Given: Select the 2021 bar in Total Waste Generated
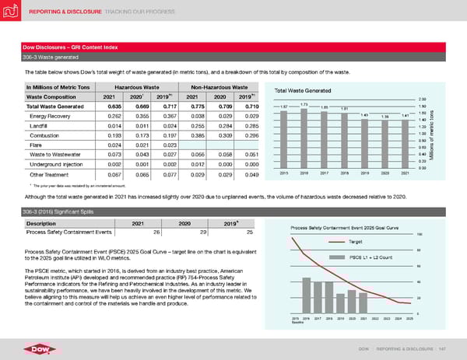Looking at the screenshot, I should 405,143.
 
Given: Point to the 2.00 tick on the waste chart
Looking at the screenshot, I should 423,100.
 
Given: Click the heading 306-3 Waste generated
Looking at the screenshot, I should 49,58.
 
